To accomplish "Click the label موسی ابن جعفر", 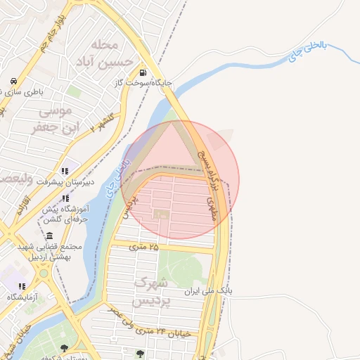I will click(x=51, y=120).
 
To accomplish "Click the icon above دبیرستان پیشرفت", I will click(x=65, y=171).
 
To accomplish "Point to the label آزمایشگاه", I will click(x=23, y=297).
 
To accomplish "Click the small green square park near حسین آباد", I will click(x=73, y=91).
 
